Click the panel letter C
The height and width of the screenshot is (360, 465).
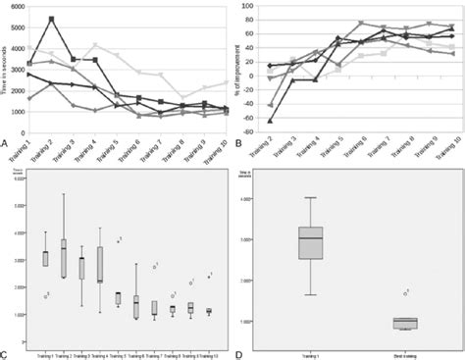[6, 353]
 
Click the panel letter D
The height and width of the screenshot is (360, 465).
[241, 353]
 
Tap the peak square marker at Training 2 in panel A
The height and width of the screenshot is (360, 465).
[51, 19]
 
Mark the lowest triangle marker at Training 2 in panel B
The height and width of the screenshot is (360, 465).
[270, 121]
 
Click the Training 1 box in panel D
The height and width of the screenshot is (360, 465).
[311, 243]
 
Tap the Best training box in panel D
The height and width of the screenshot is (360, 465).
[404, 323]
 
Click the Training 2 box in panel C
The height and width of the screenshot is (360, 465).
[64, 257]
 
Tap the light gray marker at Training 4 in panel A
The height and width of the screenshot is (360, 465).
[95, 44]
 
